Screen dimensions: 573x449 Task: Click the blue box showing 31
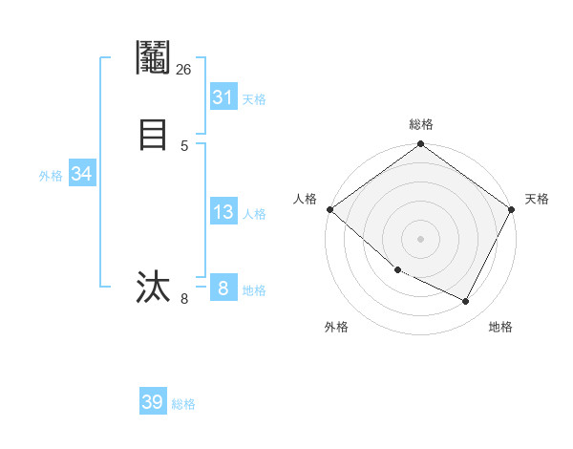click(223, 97)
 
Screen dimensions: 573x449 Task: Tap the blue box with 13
click(223, 212)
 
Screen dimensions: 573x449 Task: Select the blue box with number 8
click(223, 288)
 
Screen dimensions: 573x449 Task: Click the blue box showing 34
click(81, 174)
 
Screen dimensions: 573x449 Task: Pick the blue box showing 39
click(153, 402)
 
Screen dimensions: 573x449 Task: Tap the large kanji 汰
click(153, 287)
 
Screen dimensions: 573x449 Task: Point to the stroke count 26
click(183, 70)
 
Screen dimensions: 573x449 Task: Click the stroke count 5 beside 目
click(184, 145)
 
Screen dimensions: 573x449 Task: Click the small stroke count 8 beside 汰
click(184, 299)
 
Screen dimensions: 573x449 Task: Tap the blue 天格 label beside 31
click(253, 98)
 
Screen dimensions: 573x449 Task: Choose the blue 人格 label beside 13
click(254, 214)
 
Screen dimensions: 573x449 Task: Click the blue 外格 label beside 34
click(51, 175)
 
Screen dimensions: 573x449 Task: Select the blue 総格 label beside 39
click(183, 404)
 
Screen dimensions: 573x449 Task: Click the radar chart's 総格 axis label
click(420, 124)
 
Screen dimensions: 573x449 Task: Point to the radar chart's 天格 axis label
click(537, 199)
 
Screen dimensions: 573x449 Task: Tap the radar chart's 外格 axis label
click(336, 327)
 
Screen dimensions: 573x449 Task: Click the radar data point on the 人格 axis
click(329, 209)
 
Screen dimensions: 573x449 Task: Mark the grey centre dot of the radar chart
click(420, 238)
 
